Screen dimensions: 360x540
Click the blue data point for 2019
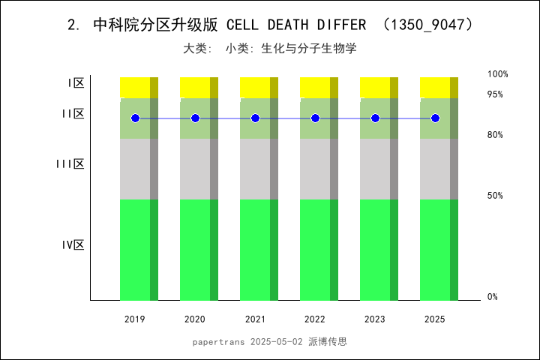coord(135,118)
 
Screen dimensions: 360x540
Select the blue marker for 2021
coord(255,118)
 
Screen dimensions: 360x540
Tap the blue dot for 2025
coord(435,118)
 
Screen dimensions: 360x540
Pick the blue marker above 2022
coord(315,118)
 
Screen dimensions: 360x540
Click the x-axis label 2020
coord(195,319)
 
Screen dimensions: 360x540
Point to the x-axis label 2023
coord(375,319)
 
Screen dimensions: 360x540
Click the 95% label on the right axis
coord(495,94)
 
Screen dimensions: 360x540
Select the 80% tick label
coord(495,135)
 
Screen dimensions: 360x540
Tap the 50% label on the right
coord(495,196)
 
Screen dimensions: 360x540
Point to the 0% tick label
coord(493,297)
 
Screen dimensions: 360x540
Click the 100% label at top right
coord(498,74)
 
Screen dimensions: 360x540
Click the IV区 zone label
coord(73,244)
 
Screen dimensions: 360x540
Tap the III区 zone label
coord(70,163)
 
